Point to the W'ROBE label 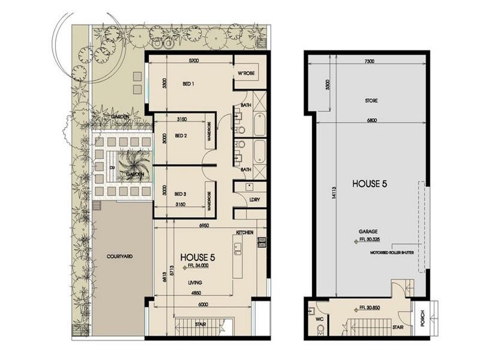pyautogui.click(x=247, y=74)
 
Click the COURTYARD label pyautogui.click(x=119, y=256)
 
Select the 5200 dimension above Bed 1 pyautogui.click(x=193, y=61)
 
